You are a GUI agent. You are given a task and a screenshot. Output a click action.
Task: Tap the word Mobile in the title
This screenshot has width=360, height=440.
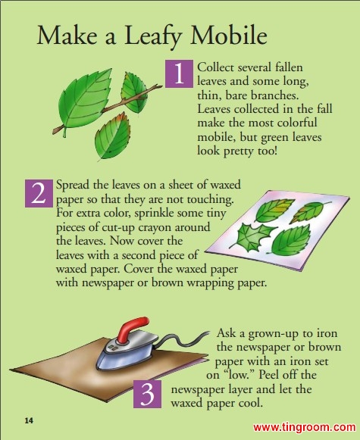229,35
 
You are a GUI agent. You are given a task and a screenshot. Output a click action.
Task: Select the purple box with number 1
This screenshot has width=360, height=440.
179,73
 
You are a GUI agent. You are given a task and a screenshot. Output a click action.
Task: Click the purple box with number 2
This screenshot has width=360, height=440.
39,193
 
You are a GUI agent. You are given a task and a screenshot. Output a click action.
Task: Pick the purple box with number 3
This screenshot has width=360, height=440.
147,394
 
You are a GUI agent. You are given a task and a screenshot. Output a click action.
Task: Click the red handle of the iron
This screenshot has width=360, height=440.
132,329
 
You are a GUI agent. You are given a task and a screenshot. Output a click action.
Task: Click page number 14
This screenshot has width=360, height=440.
29,420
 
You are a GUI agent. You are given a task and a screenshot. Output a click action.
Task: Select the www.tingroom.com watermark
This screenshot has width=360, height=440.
305,427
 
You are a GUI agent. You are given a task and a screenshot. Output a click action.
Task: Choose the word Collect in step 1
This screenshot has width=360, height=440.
215,67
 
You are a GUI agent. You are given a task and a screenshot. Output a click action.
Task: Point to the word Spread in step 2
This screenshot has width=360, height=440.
73,186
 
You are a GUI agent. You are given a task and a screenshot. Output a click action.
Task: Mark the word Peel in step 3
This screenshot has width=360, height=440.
269,375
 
